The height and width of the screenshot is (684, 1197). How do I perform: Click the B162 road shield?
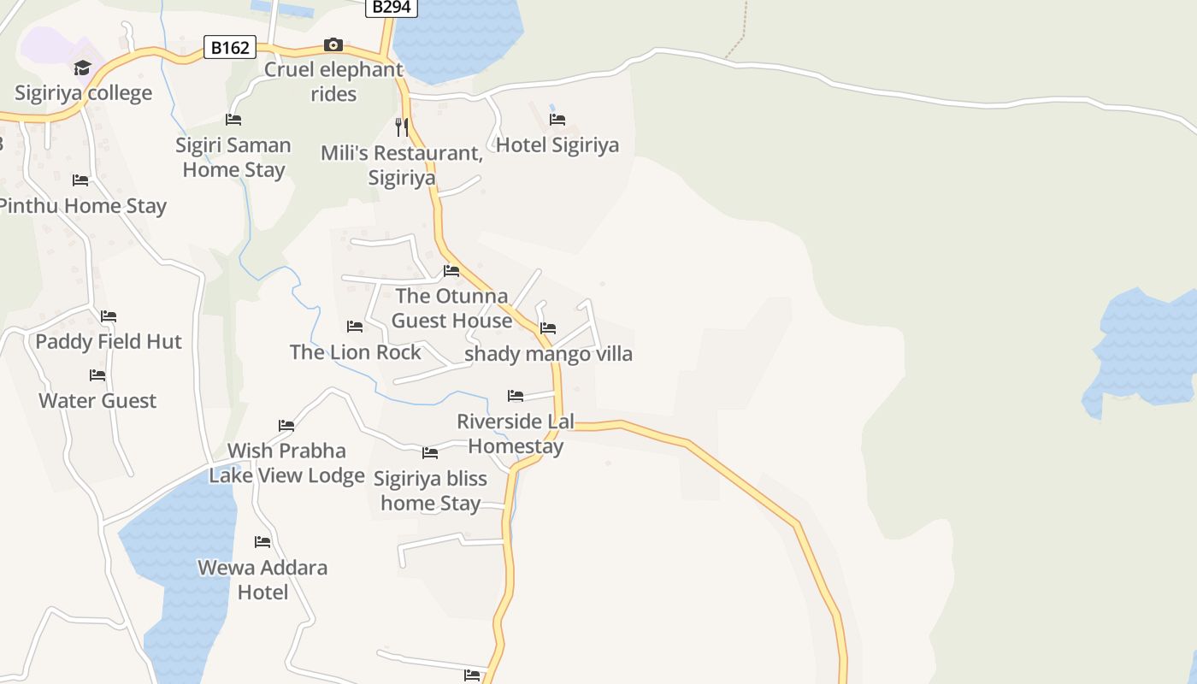coord(230,48)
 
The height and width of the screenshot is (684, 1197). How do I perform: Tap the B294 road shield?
coord(392,7)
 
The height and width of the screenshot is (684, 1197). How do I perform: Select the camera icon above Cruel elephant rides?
coord(333,44)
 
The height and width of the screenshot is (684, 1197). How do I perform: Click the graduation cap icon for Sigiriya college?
coord(82,68)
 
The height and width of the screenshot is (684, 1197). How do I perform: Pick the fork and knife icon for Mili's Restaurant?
coord(402,127)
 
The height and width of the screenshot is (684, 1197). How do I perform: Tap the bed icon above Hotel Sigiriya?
coord(557,120)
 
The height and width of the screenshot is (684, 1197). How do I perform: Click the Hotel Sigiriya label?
coord(557,144)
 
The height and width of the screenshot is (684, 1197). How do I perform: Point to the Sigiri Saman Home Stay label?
coord(233,157)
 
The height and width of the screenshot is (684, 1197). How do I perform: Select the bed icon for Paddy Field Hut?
coord(109,316)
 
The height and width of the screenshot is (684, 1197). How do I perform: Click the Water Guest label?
coord(97,400)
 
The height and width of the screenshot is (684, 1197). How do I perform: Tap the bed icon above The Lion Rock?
coord(355,327)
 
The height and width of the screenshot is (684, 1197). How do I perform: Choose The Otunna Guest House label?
coord(451,309)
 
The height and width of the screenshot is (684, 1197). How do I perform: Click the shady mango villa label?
coord(548,353)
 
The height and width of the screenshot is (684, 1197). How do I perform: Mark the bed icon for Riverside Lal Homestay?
coord(516,396)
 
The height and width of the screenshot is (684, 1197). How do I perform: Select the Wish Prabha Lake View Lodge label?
coord(286,463)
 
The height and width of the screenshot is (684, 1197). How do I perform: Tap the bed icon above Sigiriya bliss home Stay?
coord(430,453)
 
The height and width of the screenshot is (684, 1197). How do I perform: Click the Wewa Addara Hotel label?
coord(262,580)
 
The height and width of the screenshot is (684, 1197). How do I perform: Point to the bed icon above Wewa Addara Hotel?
coord(262,542)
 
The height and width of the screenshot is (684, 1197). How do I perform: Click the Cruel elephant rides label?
coord(333,81)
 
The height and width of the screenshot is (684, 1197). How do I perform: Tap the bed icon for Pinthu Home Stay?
coord(80,180)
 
